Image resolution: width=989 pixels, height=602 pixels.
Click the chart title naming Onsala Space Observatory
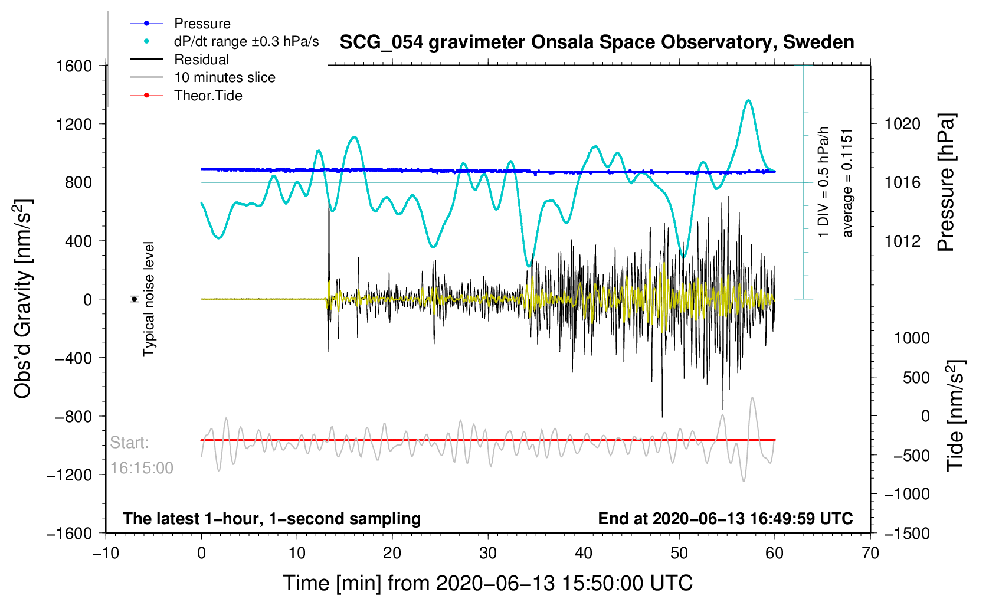click(x=597, y=42)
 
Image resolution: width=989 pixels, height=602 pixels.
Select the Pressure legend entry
click(x=202, y=24)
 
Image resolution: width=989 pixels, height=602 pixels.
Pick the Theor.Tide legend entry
click(x=208, y=96)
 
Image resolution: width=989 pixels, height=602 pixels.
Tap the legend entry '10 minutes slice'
click(x=224, y=77)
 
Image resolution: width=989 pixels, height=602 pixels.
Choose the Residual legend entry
click(x=201, y=60)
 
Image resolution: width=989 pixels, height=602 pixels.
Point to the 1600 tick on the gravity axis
click(x=74, y=66)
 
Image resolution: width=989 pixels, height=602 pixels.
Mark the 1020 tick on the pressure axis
click(x=902, y=124)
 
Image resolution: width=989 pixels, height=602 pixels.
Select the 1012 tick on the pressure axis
click(x=902, y=241)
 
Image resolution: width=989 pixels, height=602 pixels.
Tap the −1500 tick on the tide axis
click(x=906, y=533)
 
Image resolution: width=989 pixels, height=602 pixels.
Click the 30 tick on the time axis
click(x=488, y=553)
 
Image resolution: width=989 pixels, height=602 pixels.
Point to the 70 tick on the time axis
click(x=870, y=553)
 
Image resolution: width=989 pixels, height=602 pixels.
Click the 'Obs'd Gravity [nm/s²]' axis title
click(x=22, y=299)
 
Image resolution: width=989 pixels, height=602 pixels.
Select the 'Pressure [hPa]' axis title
click(x=946, y=183)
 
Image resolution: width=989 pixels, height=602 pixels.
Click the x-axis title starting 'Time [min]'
click(x=487, y=583)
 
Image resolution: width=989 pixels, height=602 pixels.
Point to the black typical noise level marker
click(x=135, y=299)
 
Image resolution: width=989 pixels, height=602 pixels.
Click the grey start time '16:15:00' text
click(x=142, y=468)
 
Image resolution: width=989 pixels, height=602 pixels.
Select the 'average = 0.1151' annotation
click(x=848, y=183)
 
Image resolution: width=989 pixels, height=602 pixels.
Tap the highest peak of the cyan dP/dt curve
click(x=748, y=100)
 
